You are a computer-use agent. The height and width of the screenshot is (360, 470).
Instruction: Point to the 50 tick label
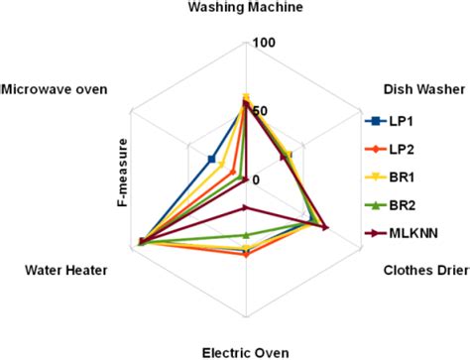[260, 111]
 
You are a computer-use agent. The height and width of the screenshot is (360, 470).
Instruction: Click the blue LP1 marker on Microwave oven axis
[211, 159]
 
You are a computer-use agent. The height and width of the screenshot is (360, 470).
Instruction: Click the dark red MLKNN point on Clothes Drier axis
[324, 226]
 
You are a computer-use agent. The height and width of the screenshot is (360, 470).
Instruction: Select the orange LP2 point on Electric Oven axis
[245, 253]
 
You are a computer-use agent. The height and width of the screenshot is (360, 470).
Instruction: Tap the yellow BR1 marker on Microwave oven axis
[222, 166]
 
